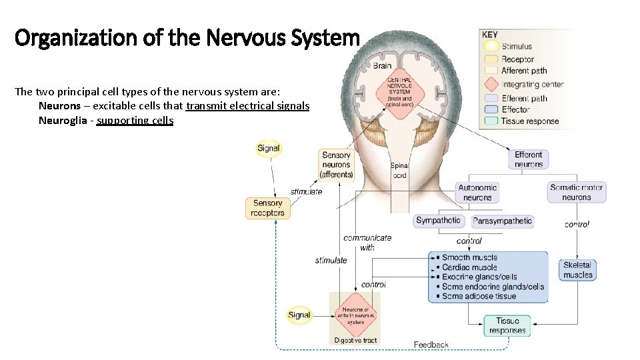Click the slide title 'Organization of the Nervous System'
click(x=187, y=38)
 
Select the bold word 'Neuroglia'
click(x=65, y=121)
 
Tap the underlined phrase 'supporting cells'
click(x=135, y=121)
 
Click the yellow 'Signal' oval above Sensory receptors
click(x=268, y=149)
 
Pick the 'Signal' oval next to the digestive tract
click(x=299, y=315)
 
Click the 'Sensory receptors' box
click(x=268, y=208)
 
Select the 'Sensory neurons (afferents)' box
click(x=336, y=165)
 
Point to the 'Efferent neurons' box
click(x=529, y=159)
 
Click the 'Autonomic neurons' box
click(x=477, y=193)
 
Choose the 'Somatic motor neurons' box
click(x=576, y=193)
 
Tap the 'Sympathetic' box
click(x=438, y=221)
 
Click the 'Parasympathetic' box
click(x=502, y=221)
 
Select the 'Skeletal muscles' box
click(x=577, y=270)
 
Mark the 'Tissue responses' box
click(x=507, y=325)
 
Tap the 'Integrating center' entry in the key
click(x=531, y=85)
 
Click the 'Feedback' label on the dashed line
click(x=431, y=345)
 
